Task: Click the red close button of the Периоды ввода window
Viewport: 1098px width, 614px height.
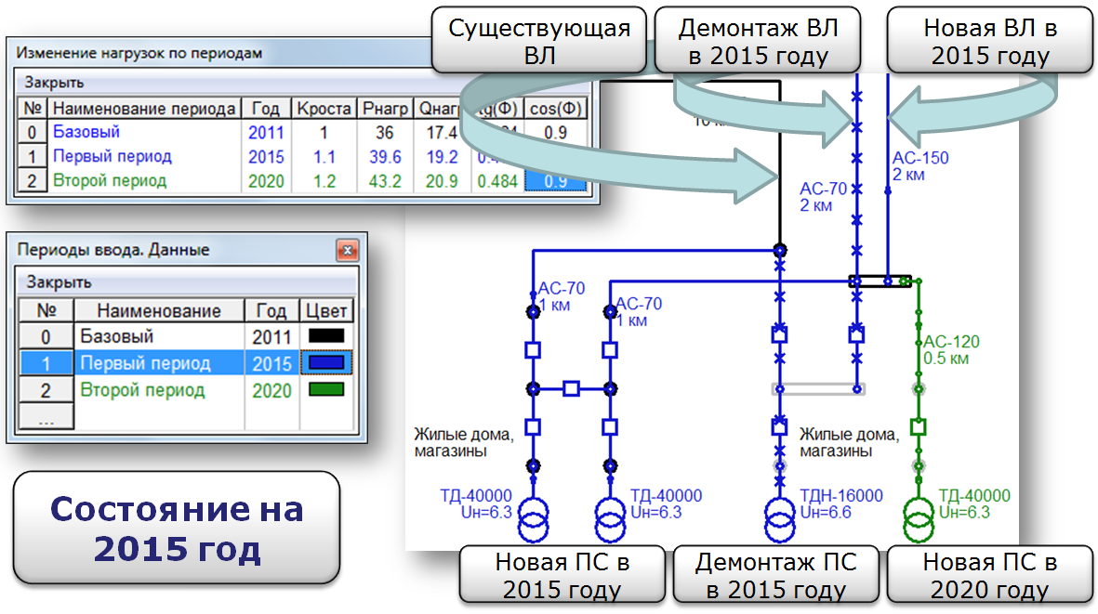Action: point(347,250)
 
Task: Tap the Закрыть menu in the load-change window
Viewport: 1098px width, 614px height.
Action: point(54,82)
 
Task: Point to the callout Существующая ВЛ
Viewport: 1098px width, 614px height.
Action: point(539,42)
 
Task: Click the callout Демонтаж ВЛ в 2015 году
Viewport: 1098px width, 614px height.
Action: point(758,42)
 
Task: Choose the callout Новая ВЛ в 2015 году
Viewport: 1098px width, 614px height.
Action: point(990,42)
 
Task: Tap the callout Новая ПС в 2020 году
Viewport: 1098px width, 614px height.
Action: point(990,575)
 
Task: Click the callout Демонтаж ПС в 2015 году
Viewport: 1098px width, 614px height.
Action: point(776,575)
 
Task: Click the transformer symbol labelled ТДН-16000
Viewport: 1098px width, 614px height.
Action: point(779,519)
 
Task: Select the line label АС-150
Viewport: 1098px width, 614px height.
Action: point(920,158)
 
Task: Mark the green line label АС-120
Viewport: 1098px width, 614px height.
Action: point(951,342)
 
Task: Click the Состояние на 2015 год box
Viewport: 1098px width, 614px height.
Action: point(177,528)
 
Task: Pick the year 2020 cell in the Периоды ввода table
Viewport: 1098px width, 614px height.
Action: point(271,390)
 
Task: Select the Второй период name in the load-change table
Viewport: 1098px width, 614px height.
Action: point(110,181)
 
